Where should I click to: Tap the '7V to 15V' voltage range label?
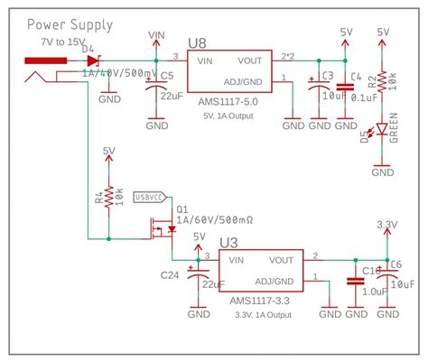pos(58,42)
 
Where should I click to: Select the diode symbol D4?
pos(93,60)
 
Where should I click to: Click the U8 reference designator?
pos(198,42)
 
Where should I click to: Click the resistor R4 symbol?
pos(108,196)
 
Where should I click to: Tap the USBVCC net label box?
pos(149,197)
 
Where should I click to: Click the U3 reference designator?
pos(228,243)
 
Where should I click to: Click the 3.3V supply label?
pos(386,224)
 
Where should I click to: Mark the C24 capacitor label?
pos(169,274)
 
